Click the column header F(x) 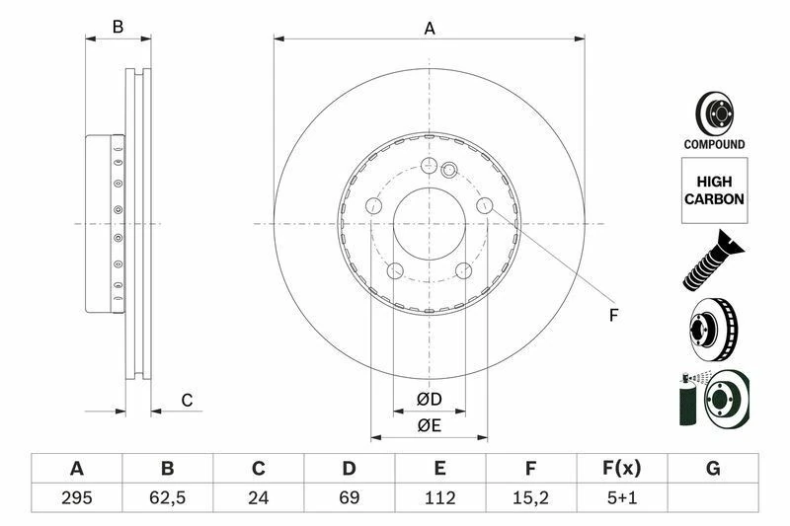pos(621,468)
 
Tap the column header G pos(712,468)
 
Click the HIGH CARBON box pos(714,189)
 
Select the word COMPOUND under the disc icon pos(714,145)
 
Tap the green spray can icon pos(687,401)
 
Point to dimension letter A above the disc pos(430,29)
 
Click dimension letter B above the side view pos(118,28)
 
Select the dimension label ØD pos(428,400)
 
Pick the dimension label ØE pos(428,425)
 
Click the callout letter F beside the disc pos(612,316)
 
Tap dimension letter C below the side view pos(186,400)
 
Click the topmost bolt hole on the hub pos(429,166)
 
